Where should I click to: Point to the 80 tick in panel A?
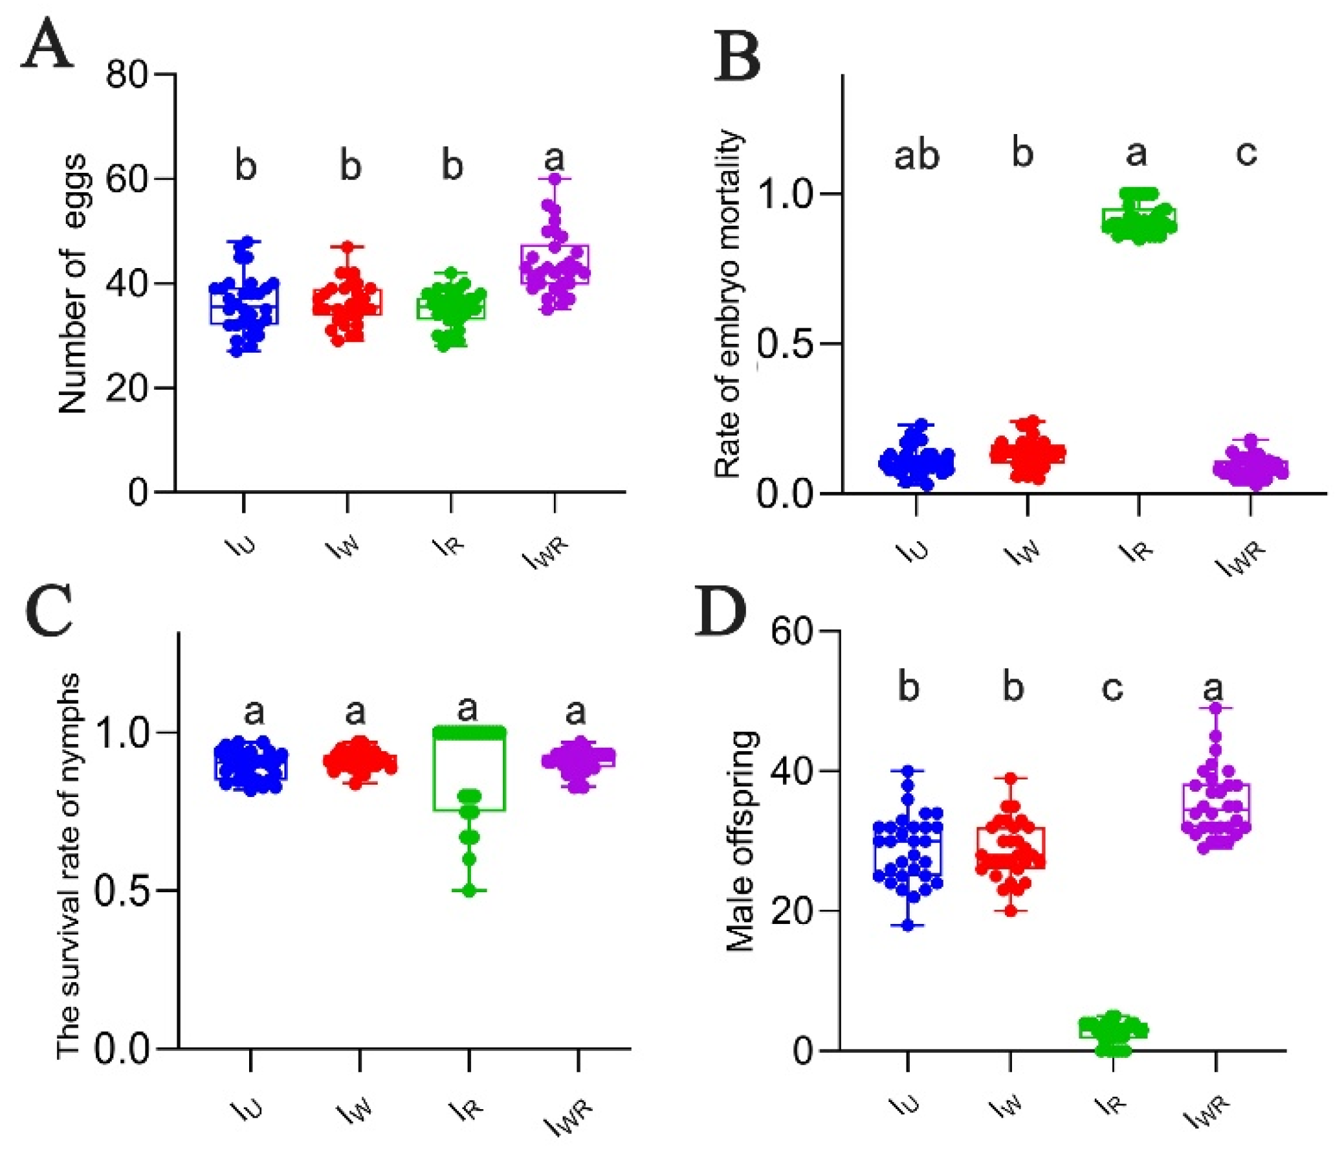[126, 74]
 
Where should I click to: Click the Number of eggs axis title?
[72, 284]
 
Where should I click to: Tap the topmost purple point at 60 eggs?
[555, 179]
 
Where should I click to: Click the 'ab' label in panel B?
[916, 156]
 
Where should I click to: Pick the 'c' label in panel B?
[1246, 153]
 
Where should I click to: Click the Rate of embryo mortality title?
[728, 304]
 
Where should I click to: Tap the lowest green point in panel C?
[469, 891]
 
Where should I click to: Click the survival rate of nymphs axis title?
[69, 867]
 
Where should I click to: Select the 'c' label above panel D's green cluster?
[1112, 688]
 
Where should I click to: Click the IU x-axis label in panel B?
[913, 551]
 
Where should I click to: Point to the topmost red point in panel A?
[348, 247]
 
